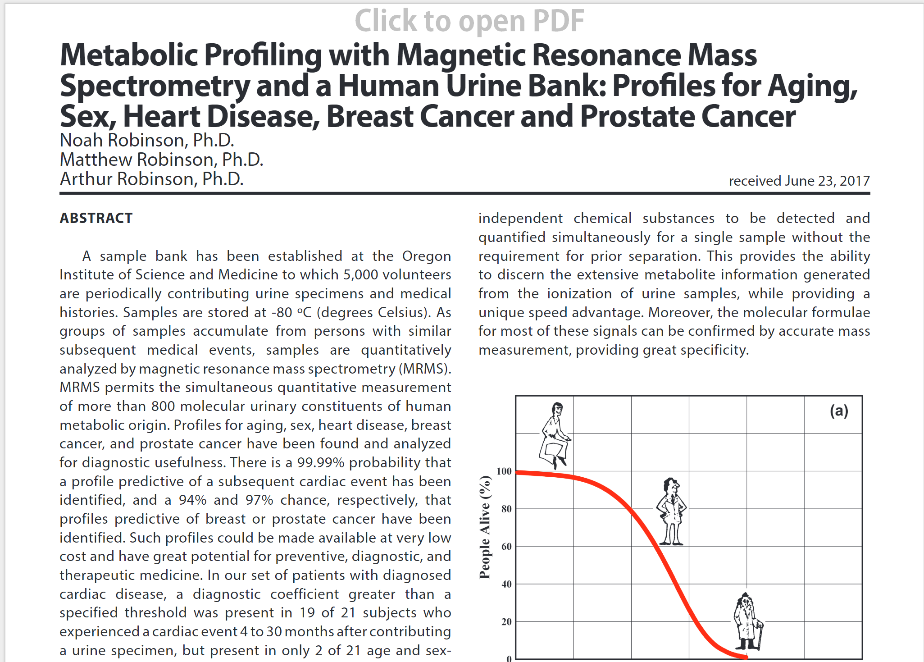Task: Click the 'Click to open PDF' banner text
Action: [x=469, y=21]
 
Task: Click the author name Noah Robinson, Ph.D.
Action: [x=147, y=140]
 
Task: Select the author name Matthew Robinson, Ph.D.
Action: [x=162, y=160]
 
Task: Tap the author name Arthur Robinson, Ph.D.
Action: [x=152, y=179]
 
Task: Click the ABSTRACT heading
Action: [x=96, y=218]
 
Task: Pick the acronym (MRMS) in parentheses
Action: [x=425, y=369]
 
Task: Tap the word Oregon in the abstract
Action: [x=427, y=256]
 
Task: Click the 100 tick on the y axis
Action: [x=504, y=471]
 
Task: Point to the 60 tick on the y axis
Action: [x=506, y=547]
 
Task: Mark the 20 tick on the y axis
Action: [x=506, y=622]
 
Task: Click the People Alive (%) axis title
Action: [x=485, y=527]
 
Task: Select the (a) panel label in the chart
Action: [x=839, y=411]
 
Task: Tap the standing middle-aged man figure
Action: [x=671, y=511]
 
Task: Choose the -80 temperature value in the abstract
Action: [x=282, y=313]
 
